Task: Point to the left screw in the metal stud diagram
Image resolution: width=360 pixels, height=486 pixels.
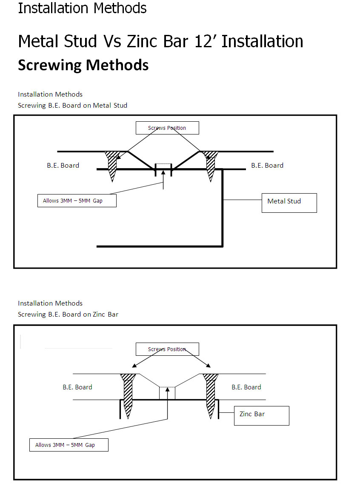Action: (112, 166)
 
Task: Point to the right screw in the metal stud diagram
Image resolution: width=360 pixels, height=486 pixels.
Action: (210, 166)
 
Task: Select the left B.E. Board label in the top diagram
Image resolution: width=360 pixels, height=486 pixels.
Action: (63, 166)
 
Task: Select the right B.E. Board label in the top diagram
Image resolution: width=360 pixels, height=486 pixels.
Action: (267, 166)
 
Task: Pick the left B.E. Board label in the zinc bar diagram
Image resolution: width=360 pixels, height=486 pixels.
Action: (77, 387)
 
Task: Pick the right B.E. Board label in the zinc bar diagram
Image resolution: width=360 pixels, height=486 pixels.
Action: (246, 387)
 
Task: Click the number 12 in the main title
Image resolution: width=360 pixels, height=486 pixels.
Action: (203, 41)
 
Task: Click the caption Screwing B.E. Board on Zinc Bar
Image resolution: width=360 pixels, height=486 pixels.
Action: (68, 314)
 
